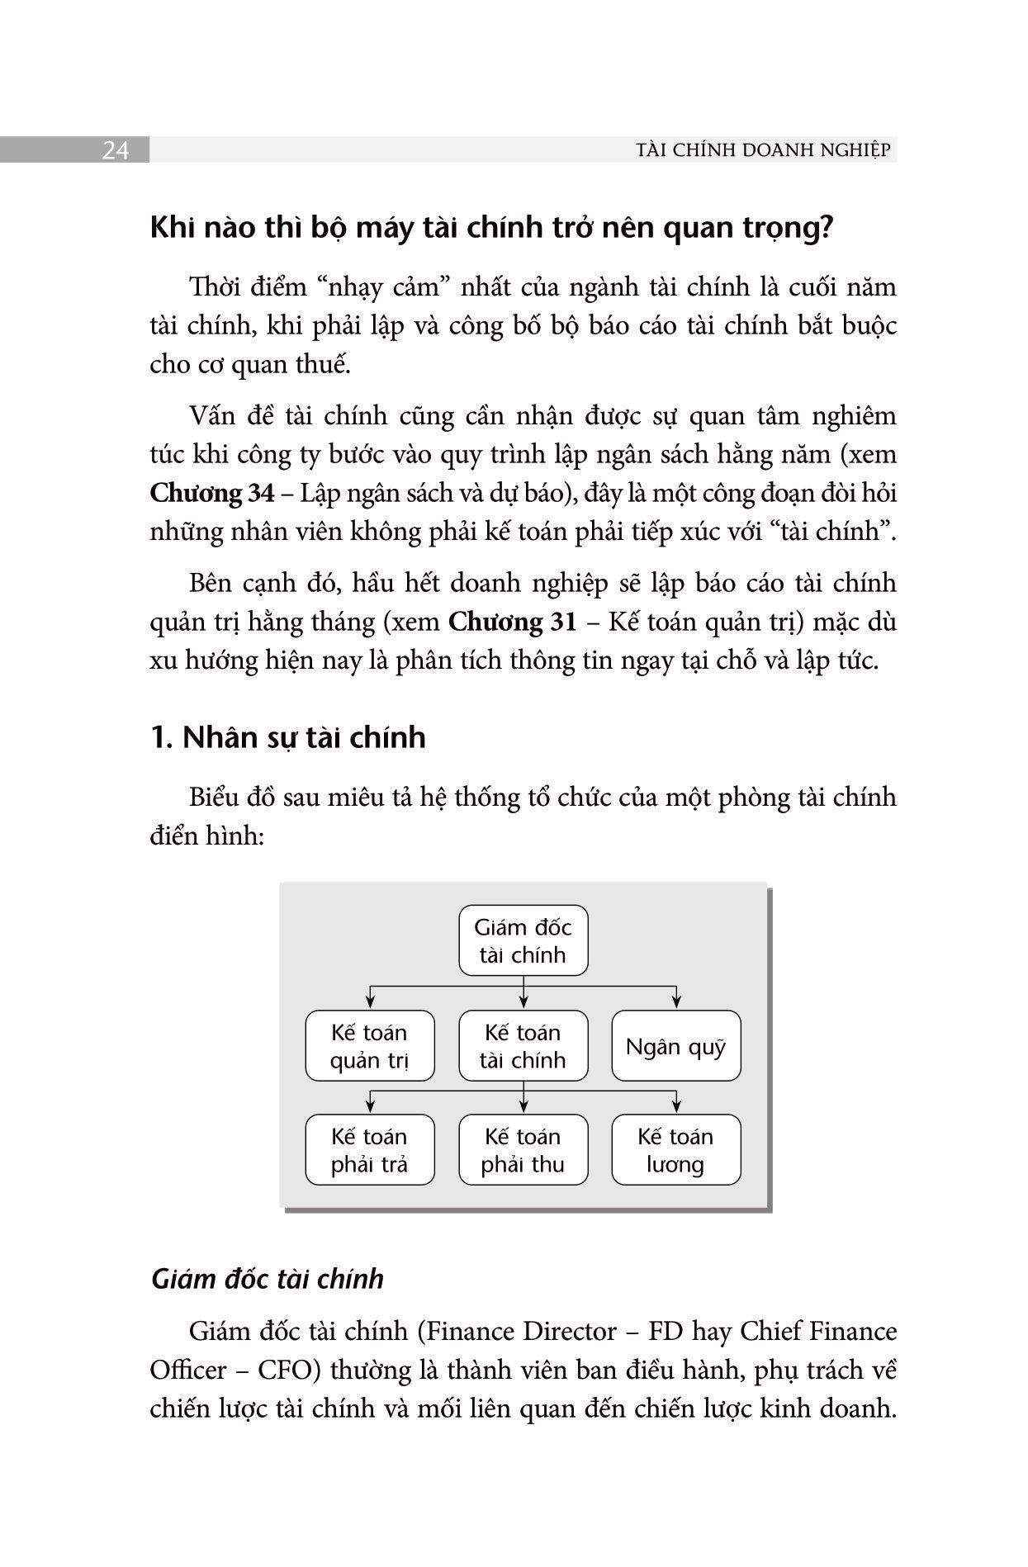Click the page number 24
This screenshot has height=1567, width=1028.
(x=116, y=150)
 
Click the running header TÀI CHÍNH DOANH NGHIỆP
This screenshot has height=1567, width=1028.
(x=764, y=150)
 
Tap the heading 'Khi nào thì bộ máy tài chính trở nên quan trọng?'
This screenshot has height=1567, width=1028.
(x=491, y=228)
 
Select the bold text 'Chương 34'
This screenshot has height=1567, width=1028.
(x=212, y=493)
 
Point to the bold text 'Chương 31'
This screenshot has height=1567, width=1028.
(x=512, y=622)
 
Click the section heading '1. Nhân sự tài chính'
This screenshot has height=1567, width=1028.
(x=288, y=736)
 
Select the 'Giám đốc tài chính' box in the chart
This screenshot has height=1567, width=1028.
(x=523, y=941)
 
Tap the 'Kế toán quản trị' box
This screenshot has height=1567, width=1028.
(x=369, y=1046)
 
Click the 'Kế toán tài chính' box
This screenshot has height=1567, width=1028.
(x=523, y=1046)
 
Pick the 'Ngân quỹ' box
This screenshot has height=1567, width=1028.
(x=675, y=1046)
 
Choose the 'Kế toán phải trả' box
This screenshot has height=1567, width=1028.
(x=369, y=1150)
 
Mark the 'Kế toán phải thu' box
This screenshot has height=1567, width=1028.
(x=523, y=1150)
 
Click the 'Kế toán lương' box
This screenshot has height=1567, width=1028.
(x=675, y=1150)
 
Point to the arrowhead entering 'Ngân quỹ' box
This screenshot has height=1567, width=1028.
(x=676, y=1003)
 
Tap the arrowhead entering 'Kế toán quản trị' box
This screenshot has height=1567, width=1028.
(x=370, y=1003)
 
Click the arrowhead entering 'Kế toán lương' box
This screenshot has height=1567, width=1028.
(x=676, y=1107)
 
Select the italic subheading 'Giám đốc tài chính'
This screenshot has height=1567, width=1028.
(x=268, y=1279)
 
